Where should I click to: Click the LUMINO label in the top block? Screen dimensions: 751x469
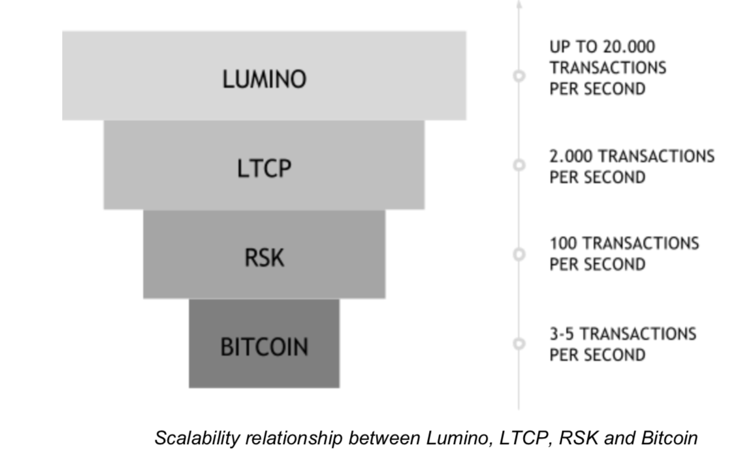point(264,79)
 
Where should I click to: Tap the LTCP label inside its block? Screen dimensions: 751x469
point(264,169)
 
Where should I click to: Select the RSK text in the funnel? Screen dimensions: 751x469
point(264,257)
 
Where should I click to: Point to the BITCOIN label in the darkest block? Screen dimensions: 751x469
point(264,346)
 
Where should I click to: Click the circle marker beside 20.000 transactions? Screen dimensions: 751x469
point(519,76)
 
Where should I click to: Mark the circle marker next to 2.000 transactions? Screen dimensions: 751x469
point(519,165)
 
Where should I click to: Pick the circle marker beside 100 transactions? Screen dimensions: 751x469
point(519,253)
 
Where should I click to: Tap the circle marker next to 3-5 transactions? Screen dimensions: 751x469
point(519,343)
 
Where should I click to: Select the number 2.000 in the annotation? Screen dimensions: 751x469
point(571,156)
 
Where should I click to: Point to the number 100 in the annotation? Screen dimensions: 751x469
point(563,244)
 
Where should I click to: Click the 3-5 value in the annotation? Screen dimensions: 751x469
point(562,334)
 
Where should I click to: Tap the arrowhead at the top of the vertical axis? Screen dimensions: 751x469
point(519,4)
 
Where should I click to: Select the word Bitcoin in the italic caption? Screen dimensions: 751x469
point(669,437)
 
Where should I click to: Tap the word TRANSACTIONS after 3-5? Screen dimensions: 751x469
point(639,334)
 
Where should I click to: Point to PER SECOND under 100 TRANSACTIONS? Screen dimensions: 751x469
point(597,265)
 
